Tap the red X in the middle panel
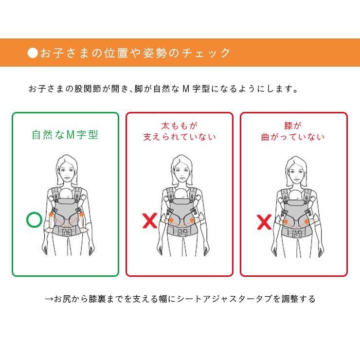149,221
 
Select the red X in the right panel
264,223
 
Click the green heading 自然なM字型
65,135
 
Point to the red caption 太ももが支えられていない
180,131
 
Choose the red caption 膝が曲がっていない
293,131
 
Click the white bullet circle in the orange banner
33,53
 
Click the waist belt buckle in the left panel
66,233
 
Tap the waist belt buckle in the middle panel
180,233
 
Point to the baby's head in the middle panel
180,196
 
